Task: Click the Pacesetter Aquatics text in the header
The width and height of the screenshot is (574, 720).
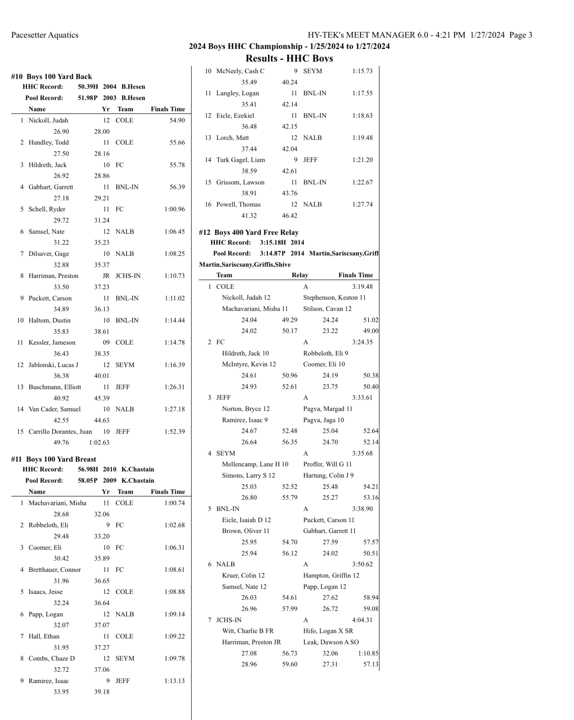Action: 45,35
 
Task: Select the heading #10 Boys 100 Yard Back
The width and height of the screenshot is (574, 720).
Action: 52,76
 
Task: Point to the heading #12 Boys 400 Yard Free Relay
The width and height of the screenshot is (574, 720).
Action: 249,232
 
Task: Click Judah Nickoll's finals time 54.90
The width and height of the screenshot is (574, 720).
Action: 177,120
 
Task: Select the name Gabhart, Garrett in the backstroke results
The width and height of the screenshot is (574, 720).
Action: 51,187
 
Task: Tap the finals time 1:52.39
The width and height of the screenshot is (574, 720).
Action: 174,432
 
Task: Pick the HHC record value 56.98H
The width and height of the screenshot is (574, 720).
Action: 88,469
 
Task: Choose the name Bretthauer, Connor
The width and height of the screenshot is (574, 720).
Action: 54,570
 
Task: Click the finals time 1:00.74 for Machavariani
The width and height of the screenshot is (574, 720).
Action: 174,503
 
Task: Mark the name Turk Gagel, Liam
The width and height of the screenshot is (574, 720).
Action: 240,160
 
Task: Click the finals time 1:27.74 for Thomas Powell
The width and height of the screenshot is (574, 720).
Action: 362,204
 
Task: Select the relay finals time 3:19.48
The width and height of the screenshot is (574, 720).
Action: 362,286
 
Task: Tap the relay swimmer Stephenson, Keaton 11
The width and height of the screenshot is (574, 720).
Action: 334,298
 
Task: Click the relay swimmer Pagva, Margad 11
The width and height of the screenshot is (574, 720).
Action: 327,409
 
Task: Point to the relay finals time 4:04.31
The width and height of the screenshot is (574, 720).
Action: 362,620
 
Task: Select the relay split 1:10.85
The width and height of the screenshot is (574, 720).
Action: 368,653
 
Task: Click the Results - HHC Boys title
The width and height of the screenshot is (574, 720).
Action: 289,59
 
